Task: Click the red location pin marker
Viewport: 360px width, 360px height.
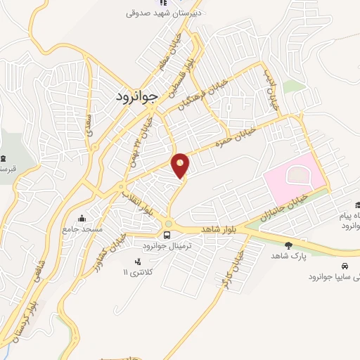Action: point(181,165)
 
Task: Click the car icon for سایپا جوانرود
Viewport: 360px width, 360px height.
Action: point(345,266)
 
